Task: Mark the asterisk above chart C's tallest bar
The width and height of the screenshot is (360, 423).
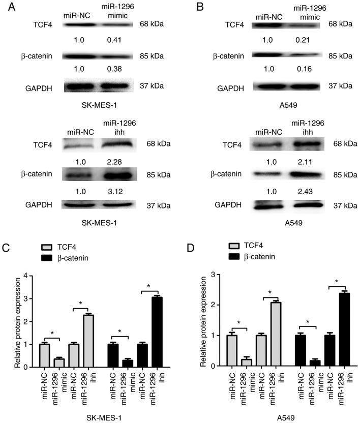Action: [149, 286]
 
